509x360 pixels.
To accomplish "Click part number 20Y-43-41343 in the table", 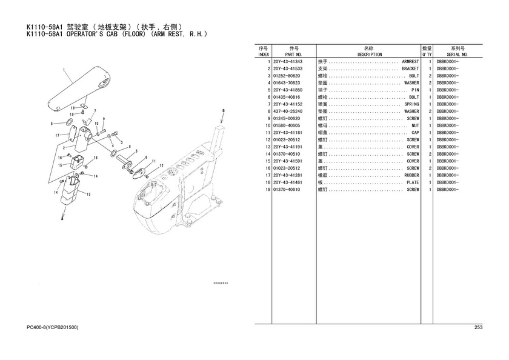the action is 288,62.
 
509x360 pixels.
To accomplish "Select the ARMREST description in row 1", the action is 410,62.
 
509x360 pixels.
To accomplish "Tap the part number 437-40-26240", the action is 288,112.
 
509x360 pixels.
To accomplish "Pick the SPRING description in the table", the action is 411,104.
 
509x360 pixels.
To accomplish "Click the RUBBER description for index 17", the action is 411,175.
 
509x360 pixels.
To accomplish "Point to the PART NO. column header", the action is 293,55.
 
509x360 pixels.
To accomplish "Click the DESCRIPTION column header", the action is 370,55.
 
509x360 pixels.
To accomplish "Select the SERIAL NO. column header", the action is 457,55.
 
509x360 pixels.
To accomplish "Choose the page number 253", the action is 479,327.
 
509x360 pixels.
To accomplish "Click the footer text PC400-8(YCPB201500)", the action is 52,327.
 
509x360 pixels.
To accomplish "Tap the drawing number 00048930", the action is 221,283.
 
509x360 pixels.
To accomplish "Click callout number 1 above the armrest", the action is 64,70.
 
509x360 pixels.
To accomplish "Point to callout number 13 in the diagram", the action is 88,194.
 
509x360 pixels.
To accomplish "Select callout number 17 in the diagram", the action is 58,135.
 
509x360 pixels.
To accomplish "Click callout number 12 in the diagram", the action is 161,166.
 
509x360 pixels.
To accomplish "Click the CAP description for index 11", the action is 415,133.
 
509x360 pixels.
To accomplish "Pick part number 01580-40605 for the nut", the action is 287,125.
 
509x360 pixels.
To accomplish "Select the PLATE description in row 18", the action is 413,182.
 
